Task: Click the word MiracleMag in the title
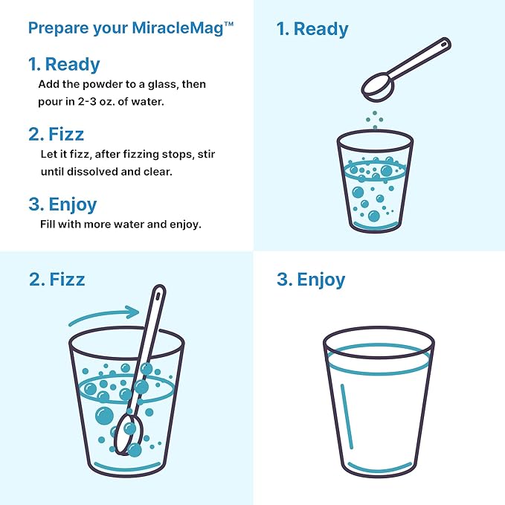click(178, 28)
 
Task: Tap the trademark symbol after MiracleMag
click(228, 24)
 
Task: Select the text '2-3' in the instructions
click(87, 102)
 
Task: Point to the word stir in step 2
click(206, 154)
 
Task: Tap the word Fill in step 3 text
click(48, 224)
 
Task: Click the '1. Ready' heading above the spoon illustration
click(312, 29)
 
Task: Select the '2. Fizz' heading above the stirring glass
click(57, 280)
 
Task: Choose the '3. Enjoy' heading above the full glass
click(311, 280)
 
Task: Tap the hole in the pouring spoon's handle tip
click(444, 44)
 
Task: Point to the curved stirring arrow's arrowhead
click(132, 312)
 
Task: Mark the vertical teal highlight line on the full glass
click(347, 416)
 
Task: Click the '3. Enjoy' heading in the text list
click(62, 205)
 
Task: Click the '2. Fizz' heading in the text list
click(57, 135)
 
